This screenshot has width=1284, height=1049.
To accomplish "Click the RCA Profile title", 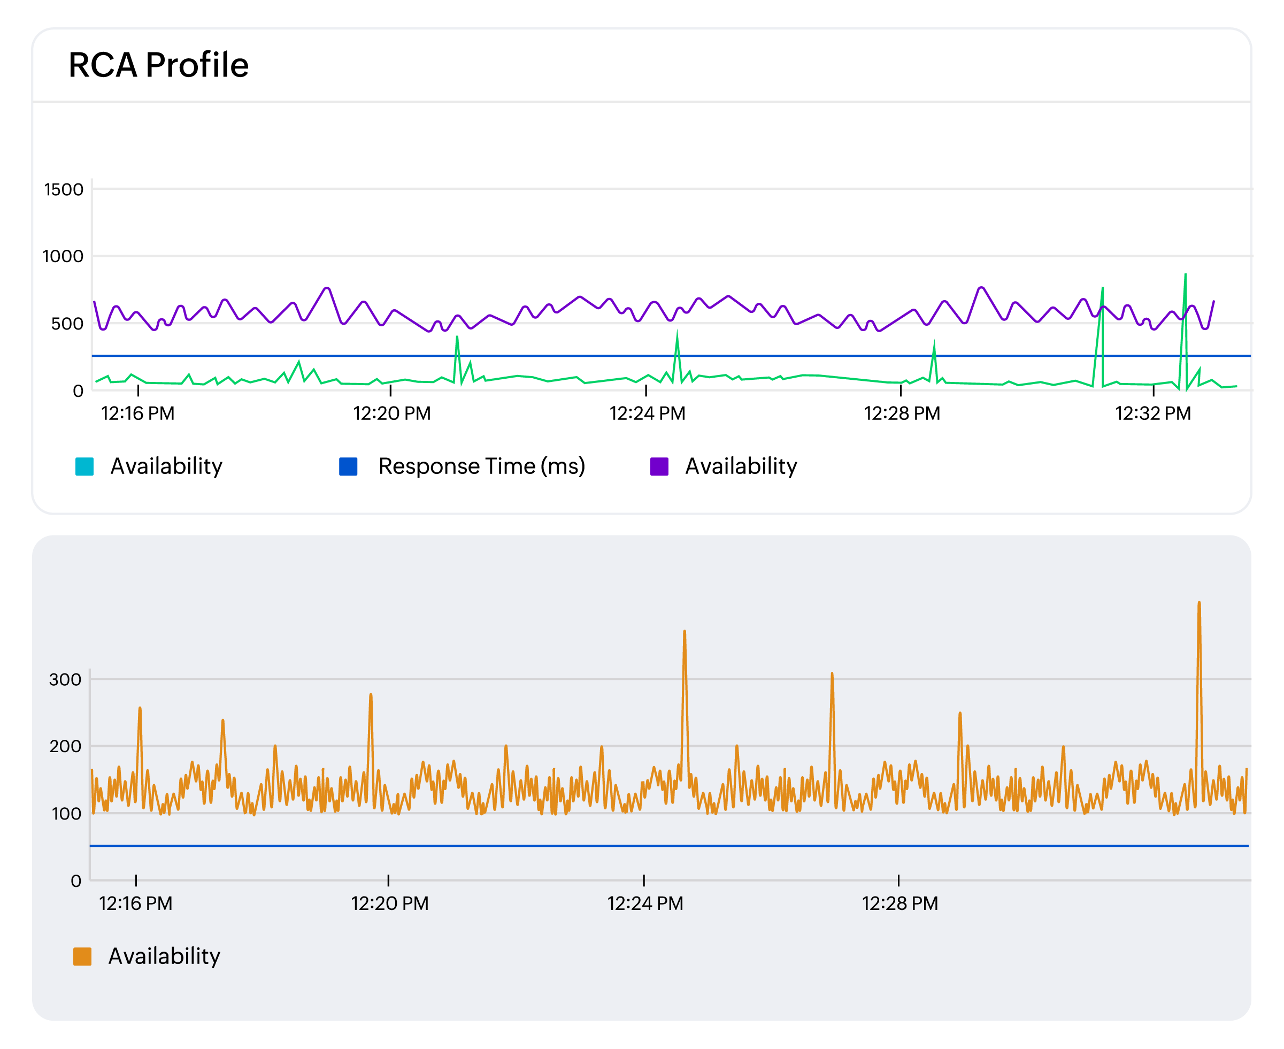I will pos(158,65).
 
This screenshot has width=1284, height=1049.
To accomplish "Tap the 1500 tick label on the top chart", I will pos(64,189).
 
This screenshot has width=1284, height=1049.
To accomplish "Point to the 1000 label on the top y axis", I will pos(63,256).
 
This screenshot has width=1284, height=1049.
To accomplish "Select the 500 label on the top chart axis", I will pos(67,323).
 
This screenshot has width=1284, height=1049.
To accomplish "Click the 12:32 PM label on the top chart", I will pos(1152,414).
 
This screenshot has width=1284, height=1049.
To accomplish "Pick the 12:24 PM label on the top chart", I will pos(647,414).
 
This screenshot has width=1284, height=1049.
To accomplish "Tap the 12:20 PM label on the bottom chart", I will pos(389,903).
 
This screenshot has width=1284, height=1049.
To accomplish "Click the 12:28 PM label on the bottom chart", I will pos(899,903).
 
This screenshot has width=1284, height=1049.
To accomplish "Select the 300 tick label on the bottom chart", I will pos(65,679).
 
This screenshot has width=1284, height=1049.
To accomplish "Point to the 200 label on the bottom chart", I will pos(65,746).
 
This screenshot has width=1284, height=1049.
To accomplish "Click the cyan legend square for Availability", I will pos(84,466).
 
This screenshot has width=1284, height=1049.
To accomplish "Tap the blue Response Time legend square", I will pos(349,466).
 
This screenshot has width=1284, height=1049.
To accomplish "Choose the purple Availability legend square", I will pos(659,466).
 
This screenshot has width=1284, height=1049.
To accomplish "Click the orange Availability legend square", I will pos(82,956).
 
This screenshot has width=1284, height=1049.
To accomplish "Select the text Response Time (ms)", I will pos(481,466).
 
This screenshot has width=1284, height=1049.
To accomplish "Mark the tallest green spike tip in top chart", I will pos(1186,275).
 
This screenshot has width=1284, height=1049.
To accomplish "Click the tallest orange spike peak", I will pos(1199,602).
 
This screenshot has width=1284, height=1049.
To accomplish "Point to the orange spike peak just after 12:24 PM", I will pos(685,631).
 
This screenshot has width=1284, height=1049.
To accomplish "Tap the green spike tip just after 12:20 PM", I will pos(457,336).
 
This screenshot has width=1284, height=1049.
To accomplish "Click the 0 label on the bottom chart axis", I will pos(76,881).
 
